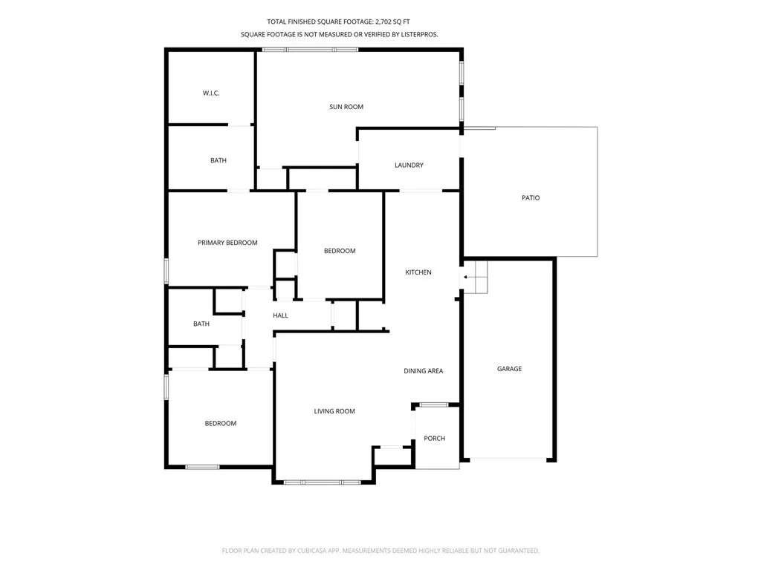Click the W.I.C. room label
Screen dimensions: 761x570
click(211, 93)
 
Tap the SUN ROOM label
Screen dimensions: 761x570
click(346, 107)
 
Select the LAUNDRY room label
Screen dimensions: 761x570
click(409, 165)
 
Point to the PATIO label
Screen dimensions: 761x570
click(531, 197)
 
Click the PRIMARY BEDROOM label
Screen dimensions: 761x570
click(227, 243)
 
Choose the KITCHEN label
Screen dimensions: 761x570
click(418, 272)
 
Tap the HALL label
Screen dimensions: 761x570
click(280, 315)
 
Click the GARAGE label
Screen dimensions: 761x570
click(509, 369)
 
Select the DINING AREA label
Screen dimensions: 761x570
click(423, 371)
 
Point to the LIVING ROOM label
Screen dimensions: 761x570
click(334, 411)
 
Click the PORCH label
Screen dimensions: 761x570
click(434, 438)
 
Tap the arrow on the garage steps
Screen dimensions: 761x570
click(470, 278)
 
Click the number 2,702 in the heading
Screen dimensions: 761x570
click(386, 22)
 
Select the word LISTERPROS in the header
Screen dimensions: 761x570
click(419, 34)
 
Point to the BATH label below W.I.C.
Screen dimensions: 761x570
click(218, 160)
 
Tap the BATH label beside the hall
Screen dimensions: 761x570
click(201, 324)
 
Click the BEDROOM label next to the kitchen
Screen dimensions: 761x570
click(340, 251)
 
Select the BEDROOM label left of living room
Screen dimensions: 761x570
click(220, 423)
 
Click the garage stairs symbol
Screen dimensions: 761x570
click(475, 277)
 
